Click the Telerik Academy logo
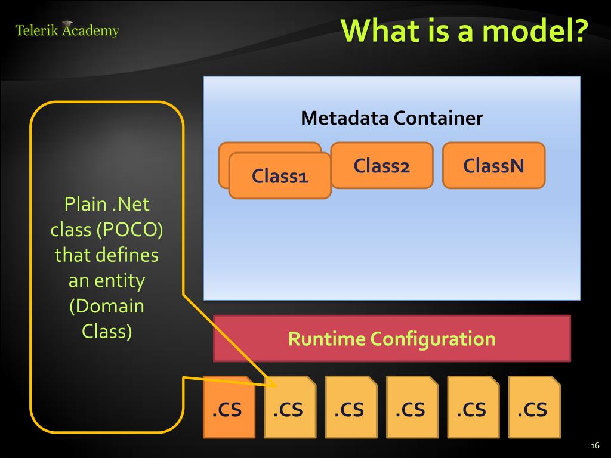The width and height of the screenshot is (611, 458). tap(67, 29)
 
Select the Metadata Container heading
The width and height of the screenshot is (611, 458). tap(392, 117)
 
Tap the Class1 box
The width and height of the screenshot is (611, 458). tap(280, 176)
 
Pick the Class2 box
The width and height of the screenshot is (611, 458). tap(382, 166)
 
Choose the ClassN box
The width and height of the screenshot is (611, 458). tap(493, 166)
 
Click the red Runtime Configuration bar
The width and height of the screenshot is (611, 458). tap(392, 339)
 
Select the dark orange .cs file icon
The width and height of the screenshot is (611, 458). tap(229, 407)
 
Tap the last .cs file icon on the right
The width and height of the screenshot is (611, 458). tap(535, 407)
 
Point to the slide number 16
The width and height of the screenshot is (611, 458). tap(595, 446)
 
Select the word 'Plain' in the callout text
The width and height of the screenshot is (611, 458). tap(85, 204)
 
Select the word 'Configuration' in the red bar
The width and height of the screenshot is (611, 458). tap(433, 339)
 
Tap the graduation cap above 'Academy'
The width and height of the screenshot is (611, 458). tap(67, 24)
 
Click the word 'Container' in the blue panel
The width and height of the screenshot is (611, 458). tap(438, 117)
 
